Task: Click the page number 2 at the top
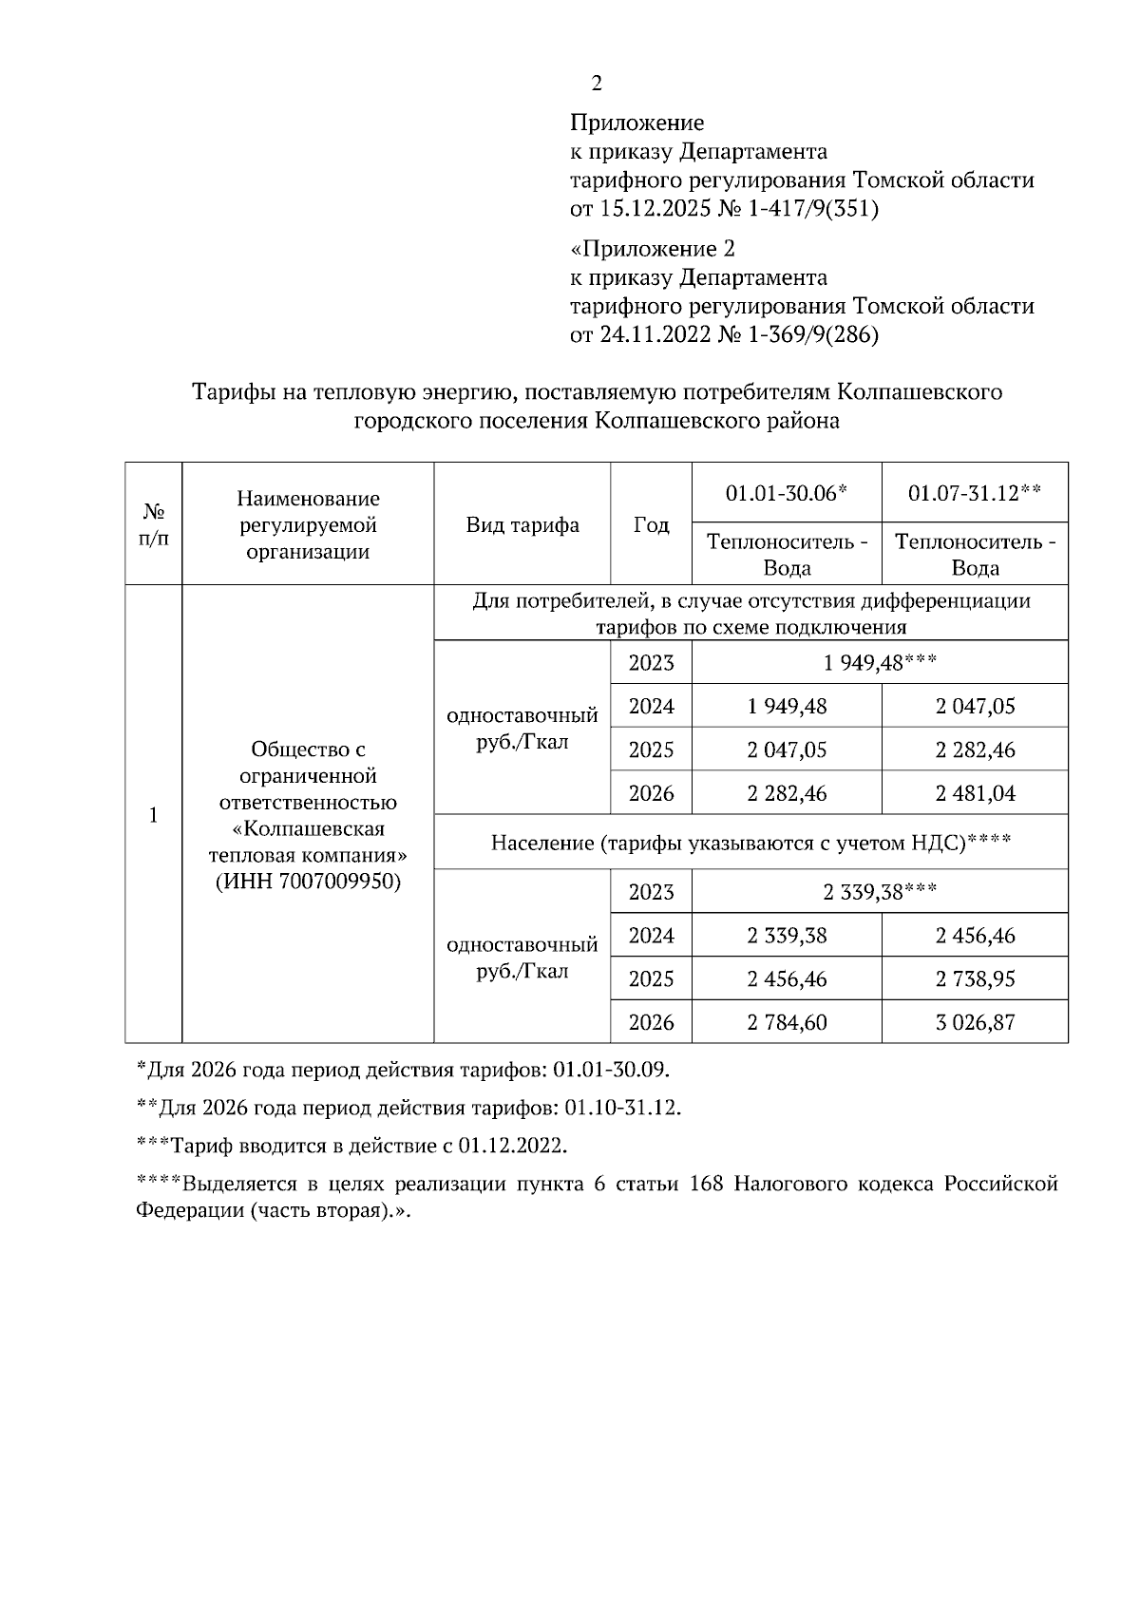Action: tap(596, 84)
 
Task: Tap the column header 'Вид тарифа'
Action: tap(522, 525)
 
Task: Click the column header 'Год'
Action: tap(651, 525)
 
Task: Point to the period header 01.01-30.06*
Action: tap(786, 493)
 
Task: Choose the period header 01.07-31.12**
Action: tap(975, 493)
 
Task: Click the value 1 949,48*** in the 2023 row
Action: tap(880, 662)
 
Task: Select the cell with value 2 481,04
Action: tap(975, 793)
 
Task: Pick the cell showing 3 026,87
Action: tap(975, 1023)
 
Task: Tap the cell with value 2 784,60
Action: tap(787, 1023)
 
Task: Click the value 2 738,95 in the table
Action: tap(975, 979)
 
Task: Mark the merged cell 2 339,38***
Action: tap(880, 892)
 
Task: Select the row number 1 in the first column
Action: tap(153, 815)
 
